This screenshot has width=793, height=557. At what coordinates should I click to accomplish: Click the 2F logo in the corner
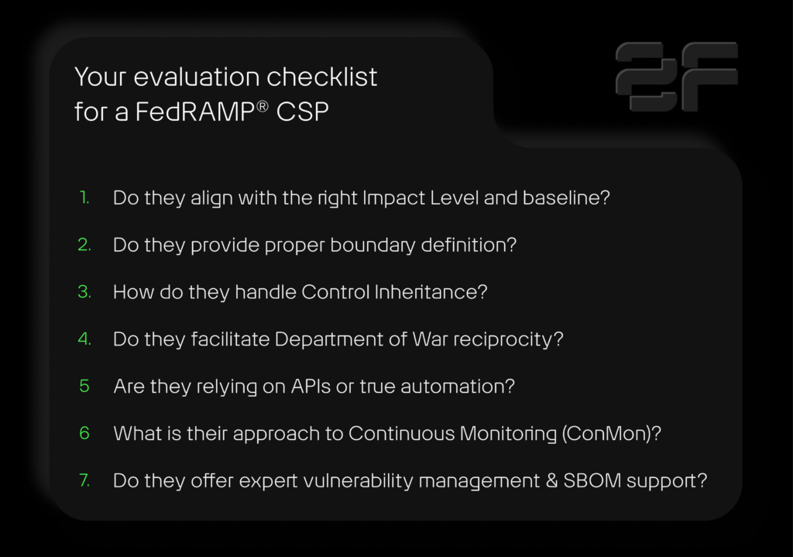676,76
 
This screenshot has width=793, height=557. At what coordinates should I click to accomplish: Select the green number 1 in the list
84,198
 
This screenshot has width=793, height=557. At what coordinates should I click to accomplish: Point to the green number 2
84,245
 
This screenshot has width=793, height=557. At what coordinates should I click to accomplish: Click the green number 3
84,292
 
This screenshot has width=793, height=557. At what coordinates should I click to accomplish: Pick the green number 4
84,339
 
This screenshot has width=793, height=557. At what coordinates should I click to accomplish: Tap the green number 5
84,386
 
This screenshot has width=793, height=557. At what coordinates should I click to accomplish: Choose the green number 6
84,433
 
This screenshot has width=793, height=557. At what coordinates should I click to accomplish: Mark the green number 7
84,480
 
